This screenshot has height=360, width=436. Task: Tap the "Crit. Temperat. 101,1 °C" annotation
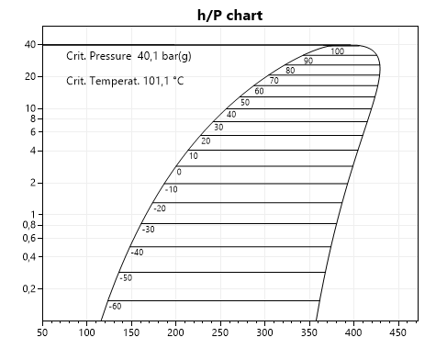coord(125,81)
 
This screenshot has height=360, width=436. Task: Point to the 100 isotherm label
coord(337,51)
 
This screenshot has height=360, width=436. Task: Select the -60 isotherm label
coord(115,306)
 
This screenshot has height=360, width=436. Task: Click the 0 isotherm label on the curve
coord(179,172)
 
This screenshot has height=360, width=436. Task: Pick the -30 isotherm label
coord(148,229)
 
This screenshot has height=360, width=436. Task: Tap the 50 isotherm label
coord(245,102)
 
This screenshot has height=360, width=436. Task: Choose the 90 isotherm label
coord(308,61)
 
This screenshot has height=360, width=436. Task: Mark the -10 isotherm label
coord(171,189)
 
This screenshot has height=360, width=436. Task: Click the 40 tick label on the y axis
coord(29,44)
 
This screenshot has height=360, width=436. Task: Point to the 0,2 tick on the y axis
coord(28,288)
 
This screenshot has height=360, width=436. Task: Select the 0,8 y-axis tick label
coord(28,225)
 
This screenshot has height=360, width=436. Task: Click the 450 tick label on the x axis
coord(398,333)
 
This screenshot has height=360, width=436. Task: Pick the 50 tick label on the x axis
coord(42,333)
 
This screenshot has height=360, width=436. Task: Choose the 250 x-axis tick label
coord(220,333)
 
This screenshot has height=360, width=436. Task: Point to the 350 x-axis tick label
coord(309,333)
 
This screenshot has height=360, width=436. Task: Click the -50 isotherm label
coord(126,277)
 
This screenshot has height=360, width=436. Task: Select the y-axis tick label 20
coord(29,76)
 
